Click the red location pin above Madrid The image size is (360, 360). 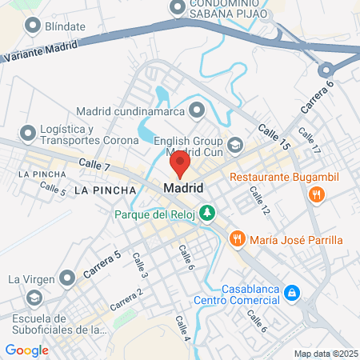click(x=180, y=165)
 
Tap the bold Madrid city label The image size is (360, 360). click(x=183, y=188)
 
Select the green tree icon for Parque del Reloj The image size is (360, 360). click(x=208, y=213)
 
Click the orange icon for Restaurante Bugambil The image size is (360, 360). click(x=318, y=194)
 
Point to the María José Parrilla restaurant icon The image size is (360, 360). click(x=237, y=239)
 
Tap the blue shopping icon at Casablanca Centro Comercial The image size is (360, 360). click(x=293, y=294)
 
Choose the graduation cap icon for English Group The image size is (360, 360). click(x=235, y=145)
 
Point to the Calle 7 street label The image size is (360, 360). click(x=94, y=164)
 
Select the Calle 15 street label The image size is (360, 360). click(x=273, y=136)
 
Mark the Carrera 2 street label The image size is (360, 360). click(x=126, y=299)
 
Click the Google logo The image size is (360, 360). click(x=26, y=350)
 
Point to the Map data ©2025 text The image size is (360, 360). click(x=325, y=354)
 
